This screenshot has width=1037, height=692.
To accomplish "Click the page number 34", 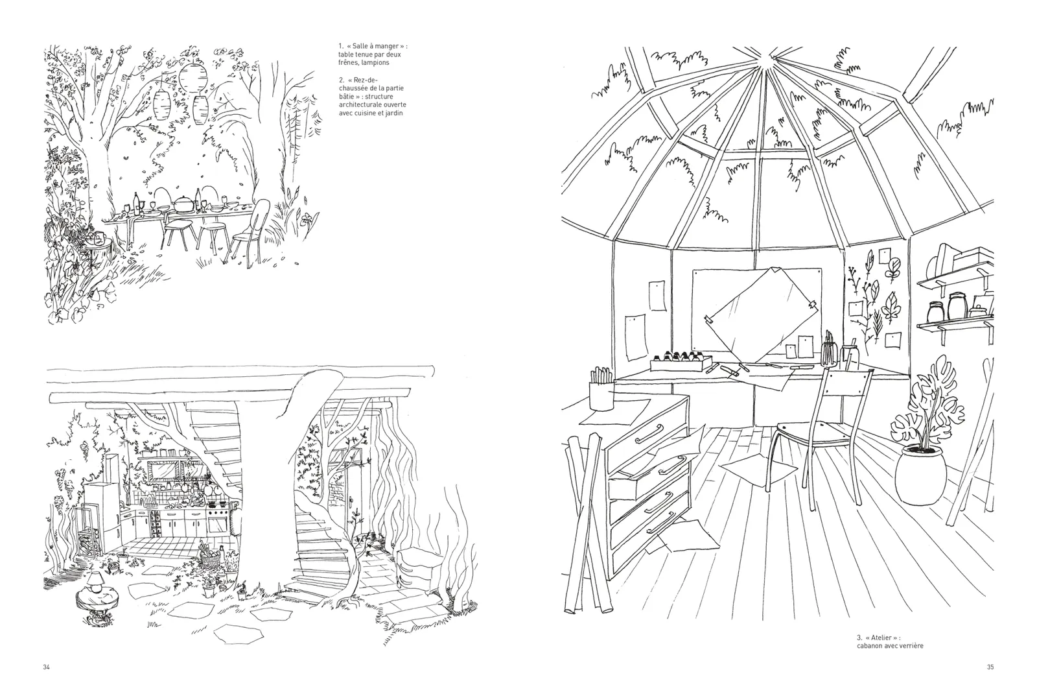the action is [46, 667].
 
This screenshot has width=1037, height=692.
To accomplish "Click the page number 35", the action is [990, 667].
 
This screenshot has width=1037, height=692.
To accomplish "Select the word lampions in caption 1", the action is [375, 63].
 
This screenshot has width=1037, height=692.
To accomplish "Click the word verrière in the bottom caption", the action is [911, 646].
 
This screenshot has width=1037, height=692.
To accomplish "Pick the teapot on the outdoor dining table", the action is [183, 203].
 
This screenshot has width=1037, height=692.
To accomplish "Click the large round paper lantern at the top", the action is [192, 78].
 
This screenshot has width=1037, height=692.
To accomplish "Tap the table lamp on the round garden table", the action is [95, 582].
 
